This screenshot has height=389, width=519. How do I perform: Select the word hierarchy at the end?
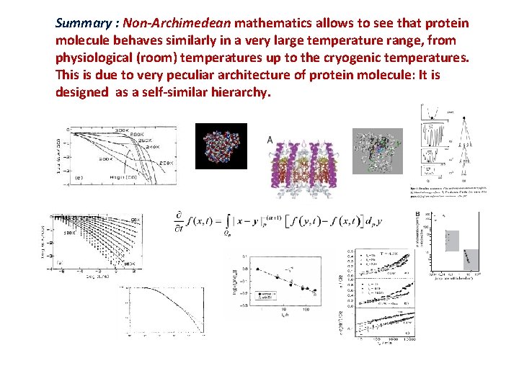(236, 92)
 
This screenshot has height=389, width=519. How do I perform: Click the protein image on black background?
(221, 146)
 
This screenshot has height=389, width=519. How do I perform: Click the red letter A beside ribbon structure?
(270, 140)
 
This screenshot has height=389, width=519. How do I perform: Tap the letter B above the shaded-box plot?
(417, 215)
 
